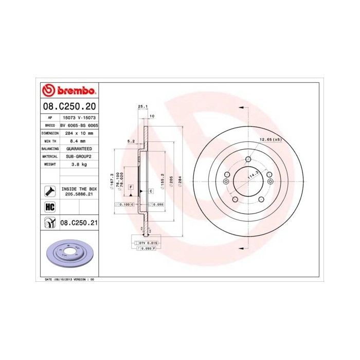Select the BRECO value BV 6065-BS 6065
click(x=79, y=125)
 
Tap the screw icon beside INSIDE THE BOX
click(x=50, y=192)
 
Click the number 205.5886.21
click(x=79, y=195)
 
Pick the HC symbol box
click(x=50, y=207)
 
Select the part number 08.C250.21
click(x=79, y=223)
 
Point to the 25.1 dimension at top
click(x=143, y=106)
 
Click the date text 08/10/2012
click(x=64, y=279)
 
